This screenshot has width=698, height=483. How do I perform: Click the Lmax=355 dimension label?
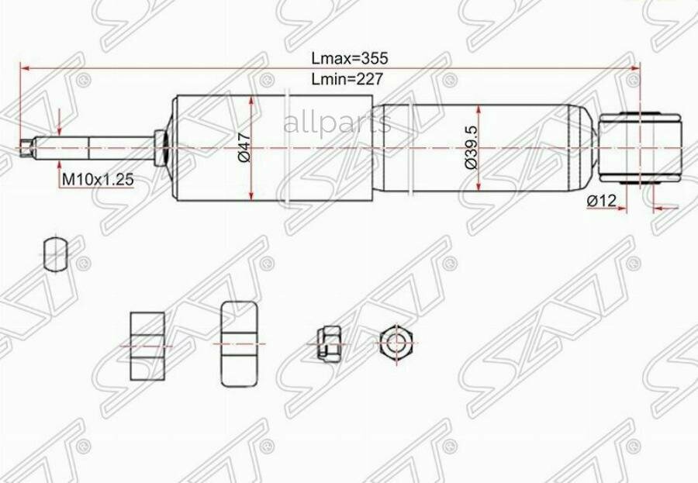349,58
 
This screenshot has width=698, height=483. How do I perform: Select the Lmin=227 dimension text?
348,78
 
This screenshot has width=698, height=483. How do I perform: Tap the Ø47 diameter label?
243,148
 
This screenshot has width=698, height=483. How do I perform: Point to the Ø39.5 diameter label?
470,148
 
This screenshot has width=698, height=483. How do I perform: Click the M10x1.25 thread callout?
98,179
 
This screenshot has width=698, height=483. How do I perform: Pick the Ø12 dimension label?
602,201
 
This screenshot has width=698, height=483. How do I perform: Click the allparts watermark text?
337,122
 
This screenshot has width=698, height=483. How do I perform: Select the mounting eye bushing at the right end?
641,147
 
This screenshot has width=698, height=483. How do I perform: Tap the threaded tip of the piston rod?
29,147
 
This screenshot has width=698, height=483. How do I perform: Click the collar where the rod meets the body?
161,147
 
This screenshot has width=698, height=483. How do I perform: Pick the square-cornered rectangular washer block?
147,346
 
